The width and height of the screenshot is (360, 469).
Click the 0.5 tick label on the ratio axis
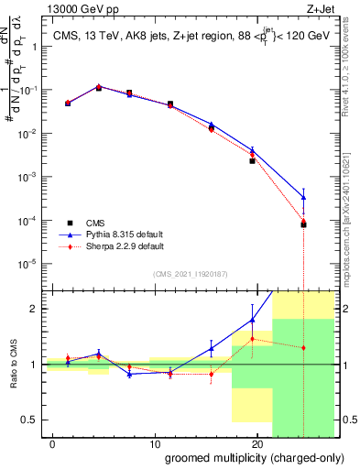28,420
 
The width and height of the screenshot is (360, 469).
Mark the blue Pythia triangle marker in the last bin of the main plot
303,197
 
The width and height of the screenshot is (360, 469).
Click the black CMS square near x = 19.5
253,161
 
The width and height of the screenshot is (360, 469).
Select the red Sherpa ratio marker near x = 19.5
253,339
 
